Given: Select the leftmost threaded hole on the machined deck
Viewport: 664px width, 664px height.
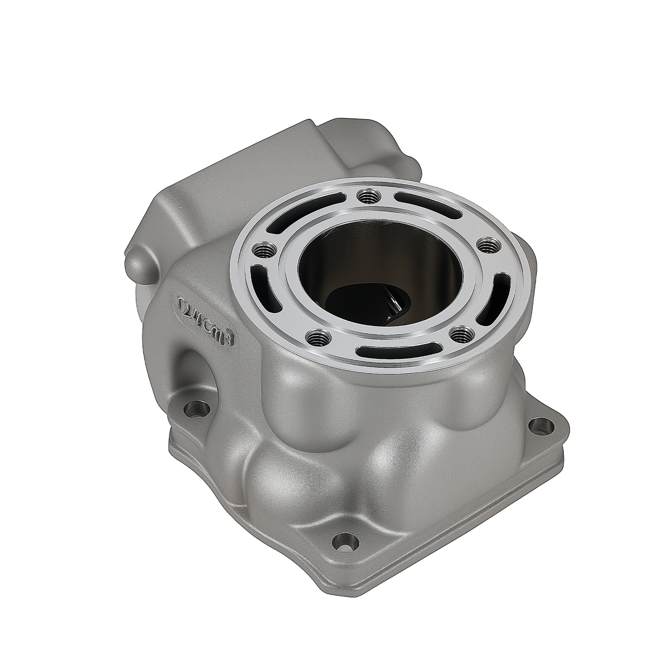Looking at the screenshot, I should pos(260,251).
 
